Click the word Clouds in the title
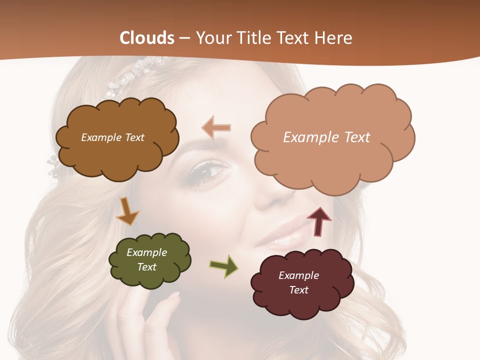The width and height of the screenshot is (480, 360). click(147, 38)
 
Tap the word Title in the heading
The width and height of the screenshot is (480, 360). click(254, 38)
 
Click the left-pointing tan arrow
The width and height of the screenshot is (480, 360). click(216, 127)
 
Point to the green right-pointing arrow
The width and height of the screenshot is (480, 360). click(224, 265)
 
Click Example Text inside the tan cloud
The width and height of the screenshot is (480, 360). click(326, 137)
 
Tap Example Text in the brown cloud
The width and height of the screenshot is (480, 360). click(112, 137)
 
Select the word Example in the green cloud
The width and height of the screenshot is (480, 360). click(146, 252)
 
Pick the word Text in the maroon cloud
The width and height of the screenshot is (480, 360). click(298, 290)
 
